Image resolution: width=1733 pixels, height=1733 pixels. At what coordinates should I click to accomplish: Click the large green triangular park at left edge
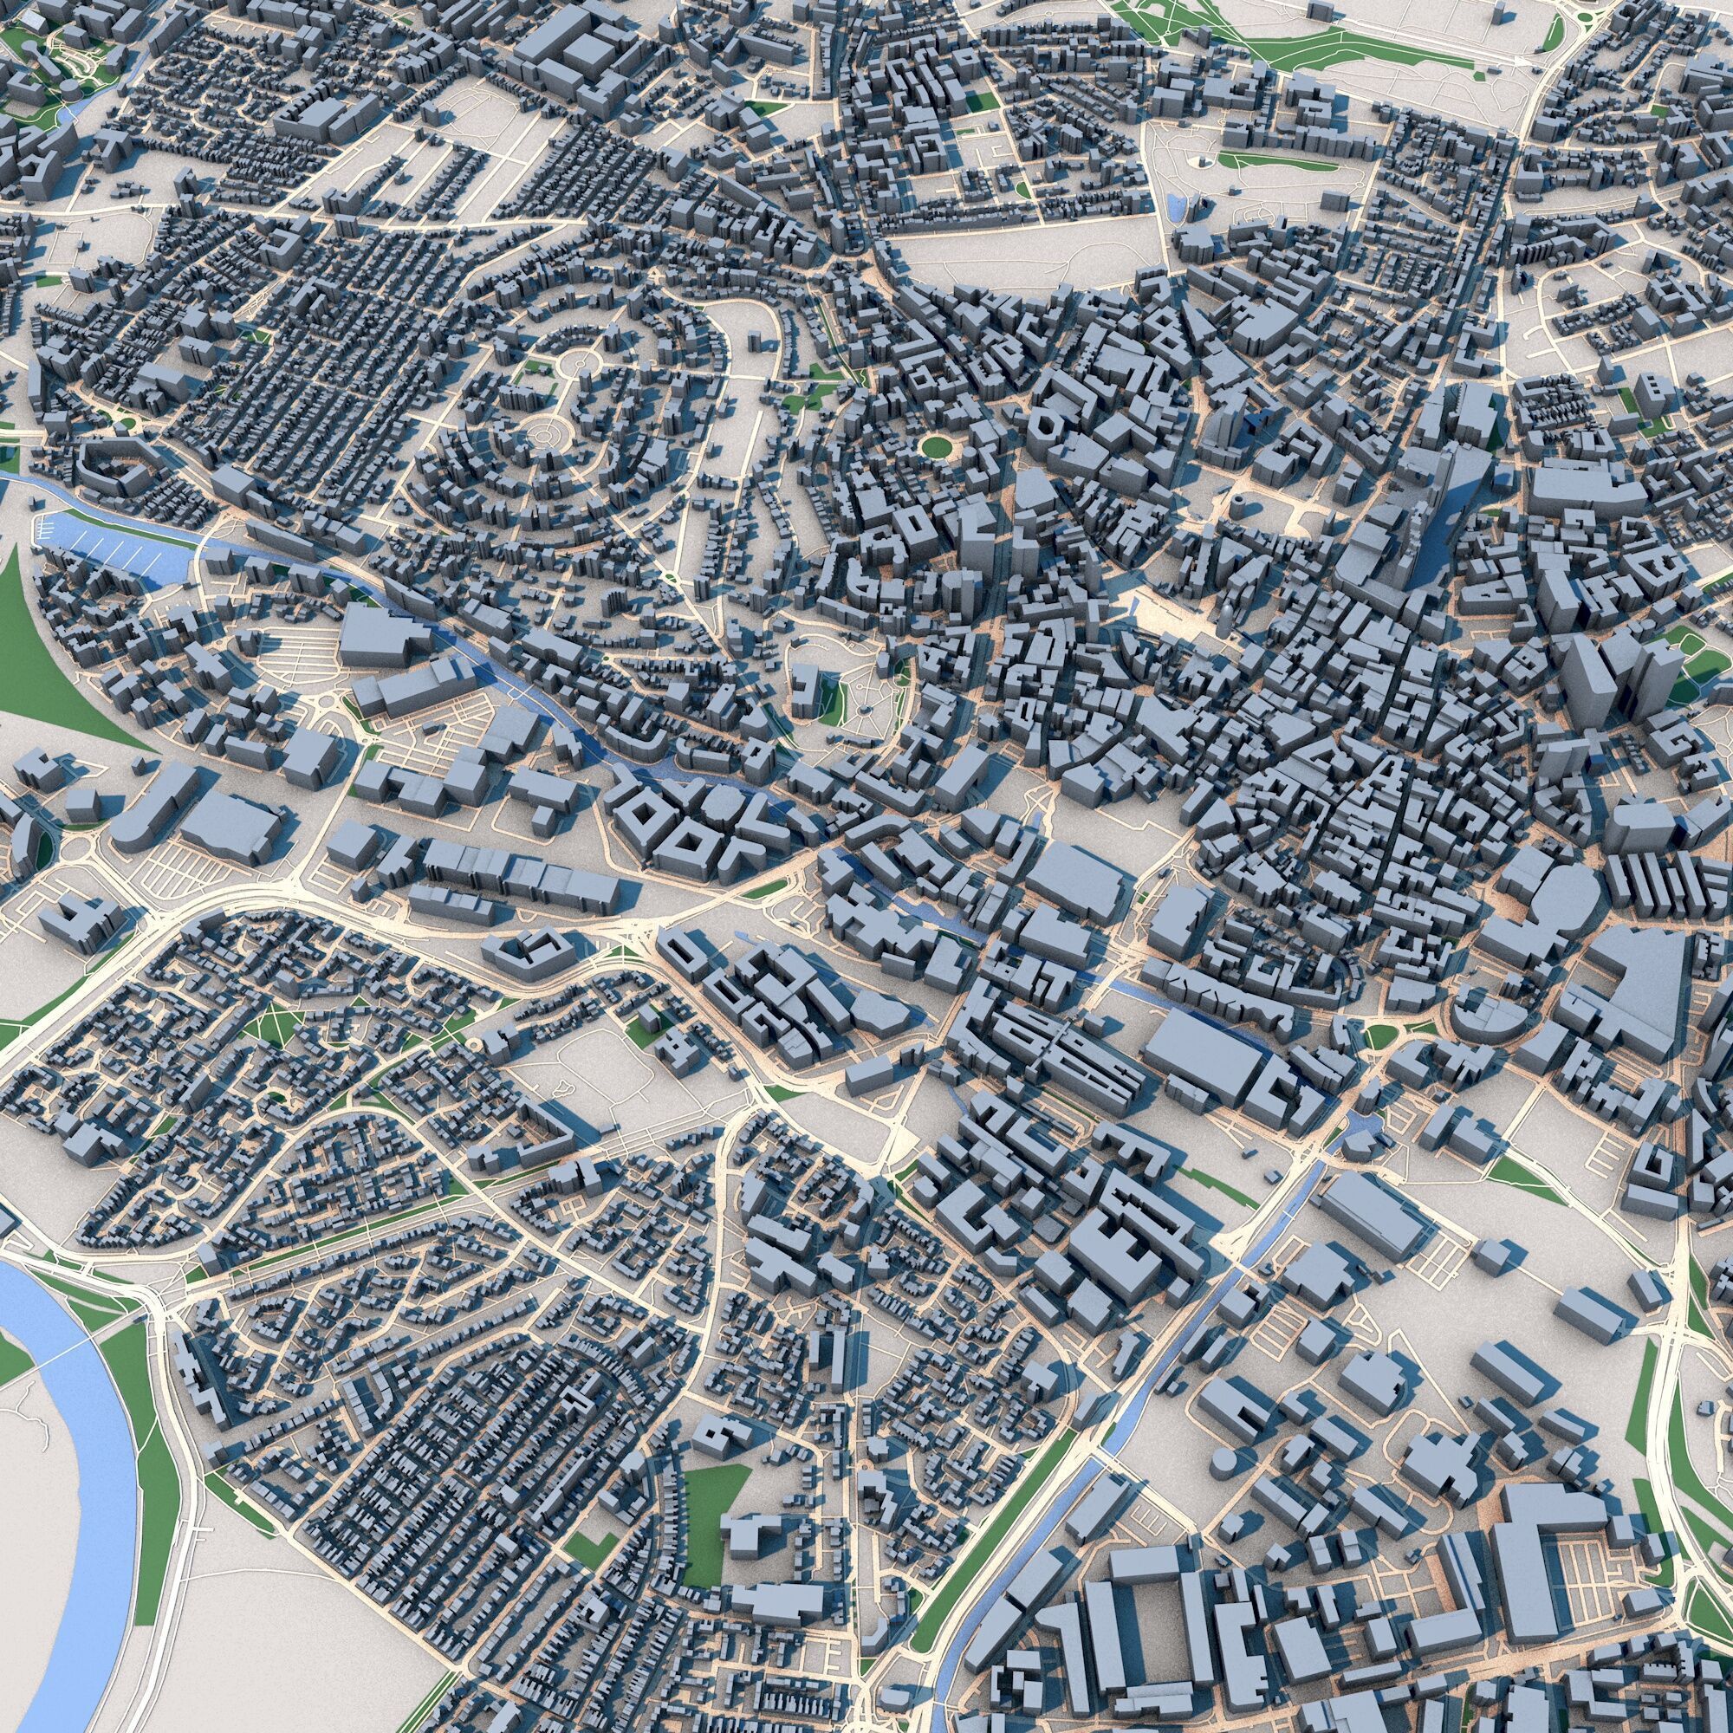pos(45,646)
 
